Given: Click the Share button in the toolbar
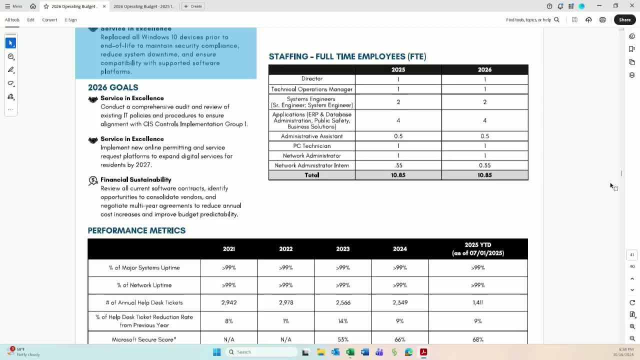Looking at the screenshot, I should [x=624, y=20].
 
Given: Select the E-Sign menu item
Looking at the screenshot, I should [x=70, y=20].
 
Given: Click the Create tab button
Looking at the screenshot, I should [x=193, y=6].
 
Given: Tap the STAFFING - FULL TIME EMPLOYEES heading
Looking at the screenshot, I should [x=347, y=56].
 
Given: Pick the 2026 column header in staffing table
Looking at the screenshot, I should [x=484, y=69].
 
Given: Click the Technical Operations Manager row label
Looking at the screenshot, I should [x=311, y=89].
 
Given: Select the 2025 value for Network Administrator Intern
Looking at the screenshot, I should [x=398, y=165].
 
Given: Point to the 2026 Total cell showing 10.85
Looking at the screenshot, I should [x=484, y=175].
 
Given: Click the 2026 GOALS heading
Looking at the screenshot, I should [x=113, y=87].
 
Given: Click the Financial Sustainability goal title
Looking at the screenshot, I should [x=135, y=179].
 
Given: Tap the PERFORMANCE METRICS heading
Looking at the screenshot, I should [x=136, y=230].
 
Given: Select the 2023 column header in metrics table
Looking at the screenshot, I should [x=342, y=249].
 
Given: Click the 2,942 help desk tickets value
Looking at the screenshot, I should [x=228, y=302].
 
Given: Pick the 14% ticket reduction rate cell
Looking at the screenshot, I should [x=342, y=321].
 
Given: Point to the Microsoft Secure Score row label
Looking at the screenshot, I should [x=144, y=339].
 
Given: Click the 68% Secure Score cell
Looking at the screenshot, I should [x=477, y=339].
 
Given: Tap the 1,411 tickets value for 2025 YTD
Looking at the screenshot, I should [x=477, y=302].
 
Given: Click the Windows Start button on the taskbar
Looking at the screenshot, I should [x=216, y=352].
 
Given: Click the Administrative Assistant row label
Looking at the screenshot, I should [x=311, y=136].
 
